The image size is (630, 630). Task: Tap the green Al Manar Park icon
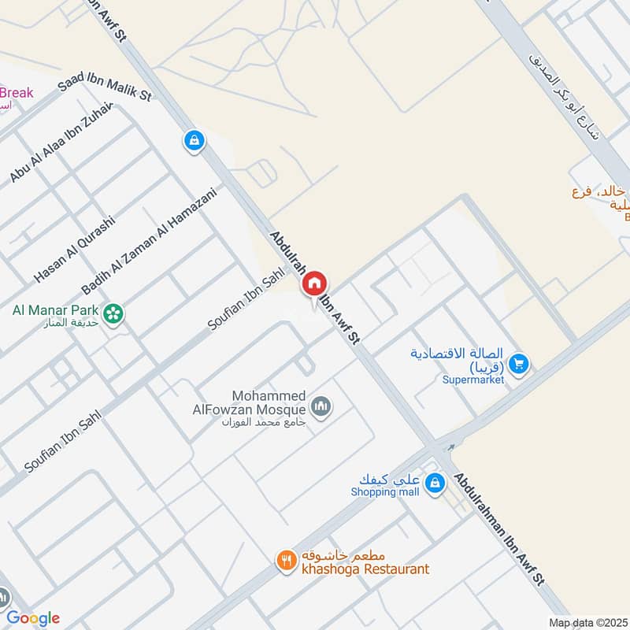click(114, 313)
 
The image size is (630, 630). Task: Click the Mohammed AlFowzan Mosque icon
click(321, 407)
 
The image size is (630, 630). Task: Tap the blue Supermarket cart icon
click(518, 363)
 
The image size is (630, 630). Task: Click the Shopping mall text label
click(385, 492)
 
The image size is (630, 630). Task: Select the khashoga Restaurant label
click(362, 569)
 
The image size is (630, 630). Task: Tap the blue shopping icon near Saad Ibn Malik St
click(194, 141)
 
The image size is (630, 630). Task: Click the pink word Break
click(17, 93)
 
